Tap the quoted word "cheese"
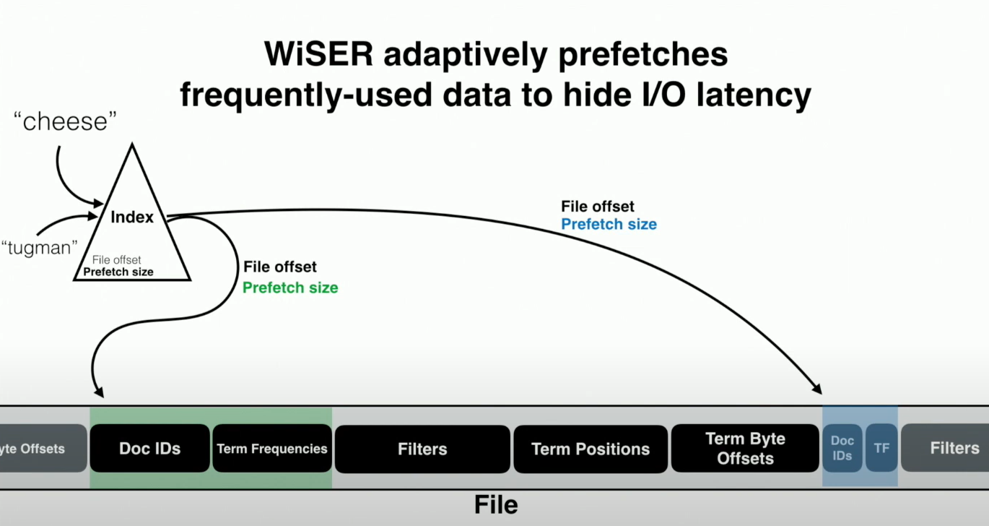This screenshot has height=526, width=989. (x=66, y=121)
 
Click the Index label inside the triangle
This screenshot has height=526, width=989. (x=132, y=217)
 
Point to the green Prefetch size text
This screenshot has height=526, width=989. (x=290, y=288)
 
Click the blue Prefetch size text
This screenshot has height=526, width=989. (x=609, y=224)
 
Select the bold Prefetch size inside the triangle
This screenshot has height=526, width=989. (x=118, y=272)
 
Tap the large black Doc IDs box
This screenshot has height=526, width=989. (x=149, y=449)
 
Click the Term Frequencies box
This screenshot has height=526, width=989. (x=272, y=449)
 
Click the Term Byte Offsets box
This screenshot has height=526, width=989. (x=745, y=449)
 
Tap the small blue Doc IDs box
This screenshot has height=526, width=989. (x=842, y=448)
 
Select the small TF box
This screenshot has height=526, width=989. (x=881, y=448)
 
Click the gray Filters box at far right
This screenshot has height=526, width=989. (x=954, y=448)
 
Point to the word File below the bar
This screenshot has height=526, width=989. (x=496, y=504)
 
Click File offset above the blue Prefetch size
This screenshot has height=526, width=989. (x=598, y=207)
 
